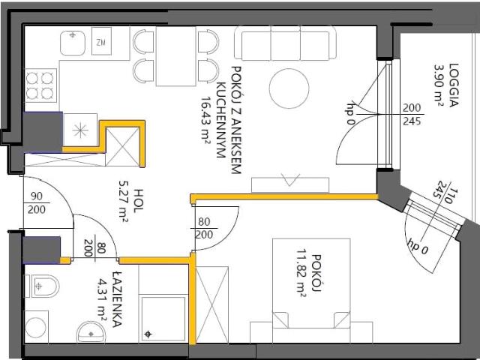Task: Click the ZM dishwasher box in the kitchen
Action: pos(100,43)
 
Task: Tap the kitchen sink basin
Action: pos(73,43)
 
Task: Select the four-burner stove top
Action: pos(42,84)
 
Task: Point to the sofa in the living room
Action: pos(285,45)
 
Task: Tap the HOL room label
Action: pos(138,194)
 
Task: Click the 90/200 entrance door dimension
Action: pos(36,203)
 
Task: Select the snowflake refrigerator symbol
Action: pos(80,130)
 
